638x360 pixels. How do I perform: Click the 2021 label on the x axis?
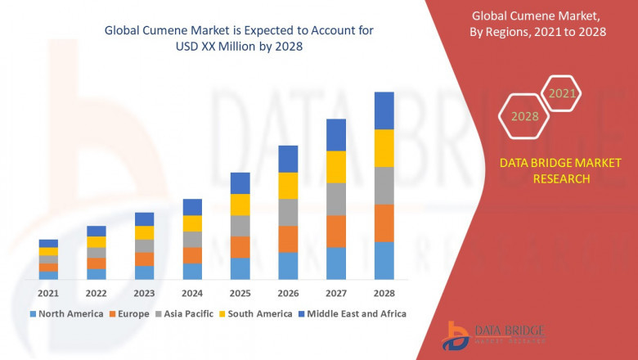pos(48,293)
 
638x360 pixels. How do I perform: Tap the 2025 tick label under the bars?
pos(240,293)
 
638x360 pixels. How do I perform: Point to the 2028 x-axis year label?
pos(384,293)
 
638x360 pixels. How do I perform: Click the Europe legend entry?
pos(132,313)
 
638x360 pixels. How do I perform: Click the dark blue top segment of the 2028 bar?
pos(384,110)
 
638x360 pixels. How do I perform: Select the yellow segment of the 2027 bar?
pos(335,167)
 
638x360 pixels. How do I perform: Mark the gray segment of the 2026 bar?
pos(288,212)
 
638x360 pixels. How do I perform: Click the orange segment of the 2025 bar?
pos(240,247)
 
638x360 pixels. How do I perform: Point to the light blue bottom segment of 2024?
pos(192,271)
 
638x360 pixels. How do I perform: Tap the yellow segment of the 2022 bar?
pos(97,241)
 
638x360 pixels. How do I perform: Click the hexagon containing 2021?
pos(561,93)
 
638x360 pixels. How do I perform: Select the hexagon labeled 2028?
pos(524,116)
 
